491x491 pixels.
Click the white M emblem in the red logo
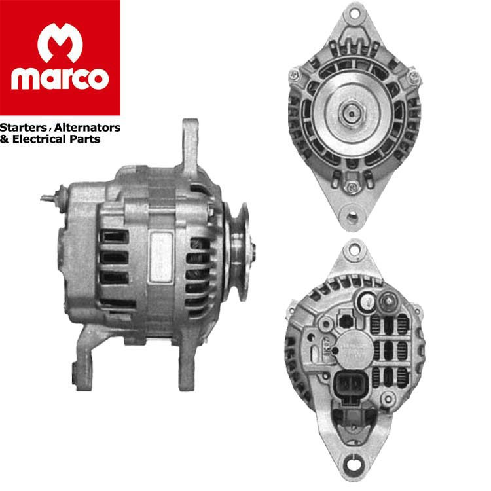pos(60,43)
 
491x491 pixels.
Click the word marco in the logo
pos(60,79)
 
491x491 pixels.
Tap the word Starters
pos(24,128)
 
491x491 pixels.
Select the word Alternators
pos(87,128)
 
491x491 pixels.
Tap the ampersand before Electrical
pos(5,139)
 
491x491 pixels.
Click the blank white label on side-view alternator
pos(161,257)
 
